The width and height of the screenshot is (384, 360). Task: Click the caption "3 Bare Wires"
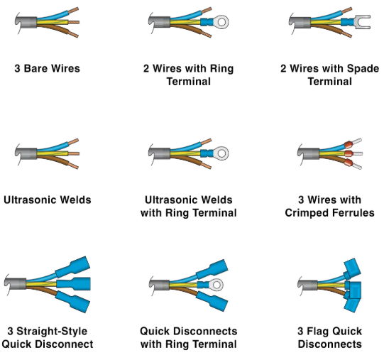click(47, 69)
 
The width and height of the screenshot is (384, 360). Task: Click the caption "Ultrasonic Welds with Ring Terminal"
click(189, 207)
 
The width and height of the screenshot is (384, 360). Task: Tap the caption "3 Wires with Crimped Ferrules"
click(329, 207)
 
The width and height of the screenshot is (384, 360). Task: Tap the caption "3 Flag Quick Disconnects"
click(329, 337)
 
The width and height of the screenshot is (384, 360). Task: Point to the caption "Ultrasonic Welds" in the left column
click(47, 200)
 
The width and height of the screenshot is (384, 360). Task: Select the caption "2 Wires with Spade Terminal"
click(329, 75)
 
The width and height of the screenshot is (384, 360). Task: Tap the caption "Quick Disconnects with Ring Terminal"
click(189, 337)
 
